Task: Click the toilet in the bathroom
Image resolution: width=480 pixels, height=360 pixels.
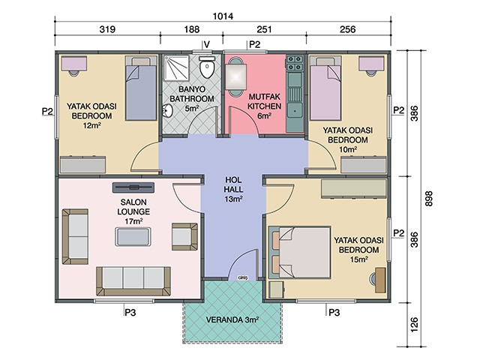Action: (207, 67)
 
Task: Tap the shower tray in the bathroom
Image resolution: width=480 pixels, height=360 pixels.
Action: (176, 67)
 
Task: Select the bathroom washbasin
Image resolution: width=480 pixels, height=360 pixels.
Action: (167, 111)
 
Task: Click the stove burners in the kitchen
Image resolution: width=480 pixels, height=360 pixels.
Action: (295, 63)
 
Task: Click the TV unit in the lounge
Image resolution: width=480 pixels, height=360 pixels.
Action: (133, 187)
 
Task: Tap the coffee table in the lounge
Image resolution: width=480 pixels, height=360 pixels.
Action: (133, 237)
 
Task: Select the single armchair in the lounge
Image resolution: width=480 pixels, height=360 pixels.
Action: (184, 237)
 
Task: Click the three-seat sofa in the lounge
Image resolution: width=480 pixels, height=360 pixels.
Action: (133, 281)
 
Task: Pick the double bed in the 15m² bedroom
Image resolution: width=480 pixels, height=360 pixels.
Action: (300, 253)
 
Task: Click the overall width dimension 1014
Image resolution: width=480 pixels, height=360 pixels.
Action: (223, 16)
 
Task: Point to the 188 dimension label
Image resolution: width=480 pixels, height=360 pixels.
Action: (192, 29)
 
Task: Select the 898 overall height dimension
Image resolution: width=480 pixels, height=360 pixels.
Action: (429, 199)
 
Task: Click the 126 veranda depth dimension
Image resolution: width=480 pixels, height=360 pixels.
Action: (414, 325)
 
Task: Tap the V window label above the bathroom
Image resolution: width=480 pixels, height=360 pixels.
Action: (207, 45)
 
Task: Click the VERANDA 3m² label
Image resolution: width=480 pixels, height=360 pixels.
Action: (232, 320)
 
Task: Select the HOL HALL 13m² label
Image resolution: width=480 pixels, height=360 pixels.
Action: (233, 189)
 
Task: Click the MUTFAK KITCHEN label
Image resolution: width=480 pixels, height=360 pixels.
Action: (265, 106)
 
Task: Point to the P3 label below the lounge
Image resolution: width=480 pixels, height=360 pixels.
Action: (130, 313)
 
